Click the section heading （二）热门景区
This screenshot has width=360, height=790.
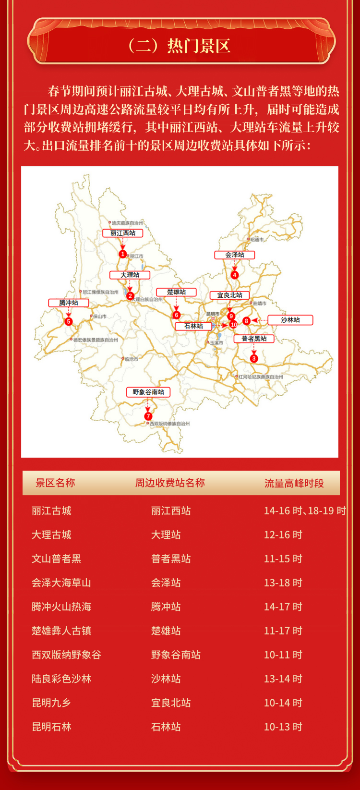[x=180, y=46]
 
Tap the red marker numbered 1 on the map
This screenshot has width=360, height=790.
[x=123, y=254]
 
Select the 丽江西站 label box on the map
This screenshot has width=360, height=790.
[x=123, y=233]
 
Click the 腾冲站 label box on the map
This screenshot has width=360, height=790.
[x=69, y=303]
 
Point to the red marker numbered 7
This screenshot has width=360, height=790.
[x=148, y=416]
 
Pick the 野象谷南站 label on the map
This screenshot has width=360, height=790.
[x=148, y=392]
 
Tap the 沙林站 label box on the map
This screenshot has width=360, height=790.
[x=290, y=320]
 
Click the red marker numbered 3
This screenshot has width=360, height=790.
[x=254, y=358]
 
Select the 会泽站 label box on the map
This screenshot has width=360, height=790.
[x=235, y=255]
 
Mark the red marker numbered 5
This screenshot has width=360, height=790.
[x=69, y=321]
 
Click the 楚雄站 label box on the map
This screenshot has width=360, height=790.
[x=176, y=292]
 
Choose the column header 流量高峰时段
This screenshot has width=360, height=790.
[x=294, y=483]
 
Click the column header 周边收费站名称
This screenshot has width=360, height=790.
[x=170, y=483]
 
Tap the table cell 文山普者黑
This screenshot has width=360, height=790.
[x=56, y=559]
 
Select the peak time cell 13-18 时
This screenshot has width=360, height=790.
[x=283, y=583]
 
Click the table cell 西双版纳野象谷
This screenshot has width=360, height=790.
[x=66, y=655]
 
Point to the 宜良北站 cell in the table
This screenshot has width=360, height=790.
[x=171, y=703]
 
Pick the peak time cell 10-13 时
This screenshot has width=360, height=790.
[x=283, y=727]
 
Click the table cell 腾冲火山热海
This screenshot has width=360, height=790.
[x=61, y=607]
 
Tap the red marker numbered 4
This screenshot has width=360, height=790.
[x=235, y=275]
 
